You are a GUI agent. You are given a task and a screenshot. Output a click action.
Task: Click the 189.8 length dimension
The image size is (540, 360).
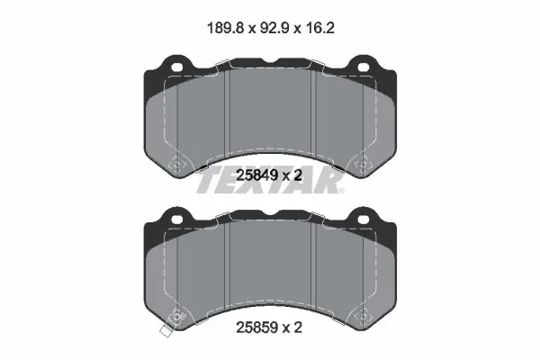click(x=226, y=28)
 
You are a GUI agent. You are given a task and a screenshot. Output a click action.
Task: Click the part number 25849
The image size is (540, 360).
click(x=256, y=175)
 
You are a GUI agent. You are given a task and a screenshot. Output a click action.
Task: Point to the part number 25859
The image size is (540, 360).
click(x=256, y=328)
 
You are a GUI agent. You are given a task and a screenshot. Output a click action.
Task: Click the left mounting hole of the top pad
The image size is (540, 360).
click(x=176, y=67)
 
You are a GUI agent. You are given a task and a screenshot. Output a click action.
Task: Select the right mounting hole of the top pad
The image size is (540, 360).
click(x=363, y=67)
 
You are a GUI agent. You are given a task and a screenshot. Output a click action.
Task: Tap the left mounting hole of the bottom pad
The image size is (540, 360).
click(x=176, y=219)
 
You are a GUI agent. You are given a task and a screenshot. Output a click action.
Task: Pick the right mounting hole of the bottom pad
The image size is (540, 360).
click(x=363, y=219)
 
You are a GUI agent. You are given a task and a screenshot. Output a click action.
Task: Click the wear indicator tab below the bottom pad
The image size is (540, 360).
click(x=166, y=331)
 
